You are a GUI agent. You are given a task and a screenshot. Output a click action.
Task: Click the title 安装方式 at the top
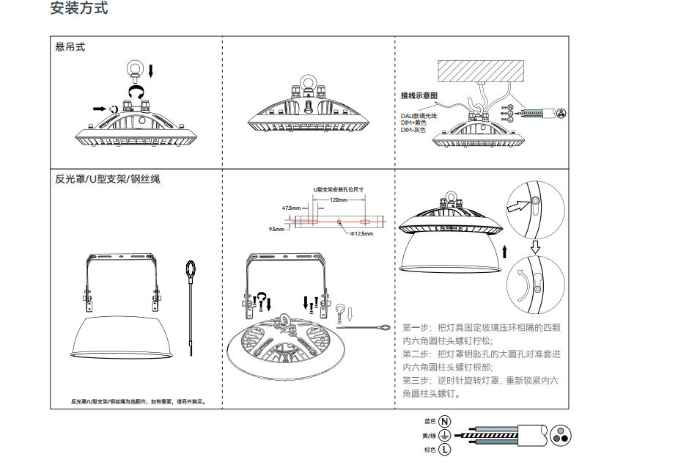click(79, 10)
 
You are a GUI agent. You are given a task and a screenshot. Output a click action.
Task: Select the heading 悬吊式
click(70, 47)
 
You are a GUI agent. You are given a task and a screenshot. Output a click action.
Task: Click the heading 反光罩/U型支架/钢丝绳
click(107, 179)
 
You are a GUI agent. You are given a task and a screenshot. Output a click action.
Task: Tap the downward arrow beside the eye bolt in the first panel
click(151, 70)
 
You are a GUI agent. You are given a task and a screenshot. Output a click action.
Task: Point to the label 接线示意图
click(419, 96)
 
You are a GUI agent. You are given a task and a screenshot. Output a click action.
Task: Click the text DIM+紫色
click(415, 123)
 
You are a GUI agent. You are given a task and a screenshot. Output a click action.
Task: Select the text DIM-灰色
click(415, 130)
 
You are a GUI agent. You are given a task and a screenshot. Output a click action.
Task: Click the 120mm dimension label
click(339, 200)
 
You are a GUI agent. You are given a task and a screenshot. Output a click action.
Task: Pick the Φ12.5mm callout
click(361, 234)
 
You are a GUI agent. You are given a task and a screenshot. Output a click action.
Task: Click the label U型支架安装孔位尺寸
click(339, 189)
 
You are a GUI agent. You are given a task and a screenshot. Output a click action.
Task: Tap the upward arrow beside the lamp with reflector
click(505, 253)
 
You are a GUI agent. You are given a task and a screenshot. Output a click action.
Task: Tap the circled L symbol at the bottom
click(445, 450)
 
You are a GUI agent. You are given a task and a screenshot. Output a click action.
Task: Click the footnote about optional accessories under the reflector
click(139, 401)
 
